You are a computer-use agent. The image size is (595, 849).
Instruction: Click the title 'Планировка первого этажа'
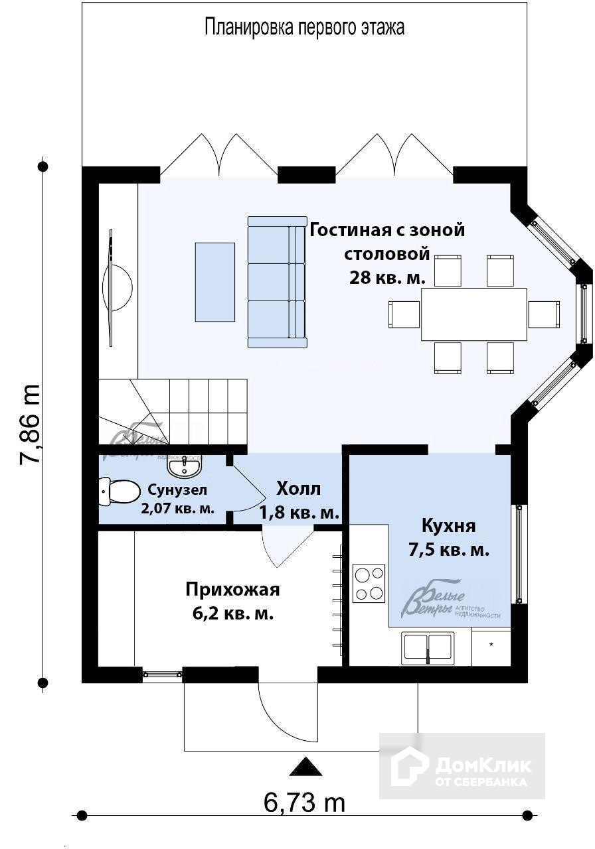tap(304, 28)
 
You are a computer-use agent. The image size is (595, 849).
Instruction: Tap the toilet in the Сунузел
tap(118, 491)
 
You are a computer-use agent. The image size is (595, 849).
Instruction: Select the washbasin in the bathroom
tap(184, 466)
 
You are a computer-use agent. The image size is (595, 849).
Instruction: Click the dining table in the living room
tap(473, 314)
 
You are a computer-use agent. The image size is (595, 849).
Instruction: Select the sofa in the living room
tap(278, 282)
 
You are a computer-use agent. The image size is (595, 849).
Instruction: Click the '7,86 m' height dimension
tap(30, 424)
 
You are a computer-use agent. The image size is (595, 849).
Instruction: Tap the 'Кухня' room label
tap(448, 527)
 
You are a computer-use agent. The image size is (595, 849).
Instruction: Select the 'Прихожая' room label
tap(232, 590)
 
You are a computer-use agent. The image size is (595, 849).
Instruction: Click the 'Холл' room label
tap(299, 489)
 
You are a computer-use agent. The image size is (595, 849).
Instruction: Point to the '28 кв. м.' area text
tap(387, 278)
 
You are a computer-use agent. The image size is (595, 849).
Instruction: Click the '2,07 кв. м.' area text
tap(177, 508)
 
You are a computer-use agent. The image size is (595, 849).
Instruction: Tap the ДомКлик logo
tap(462, 755)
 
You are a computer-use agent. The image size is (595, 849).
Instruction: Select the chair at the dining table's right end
tap(544, 314)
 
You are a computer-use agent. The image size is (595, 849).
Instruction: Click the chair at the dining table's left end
tap(404, 314)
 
